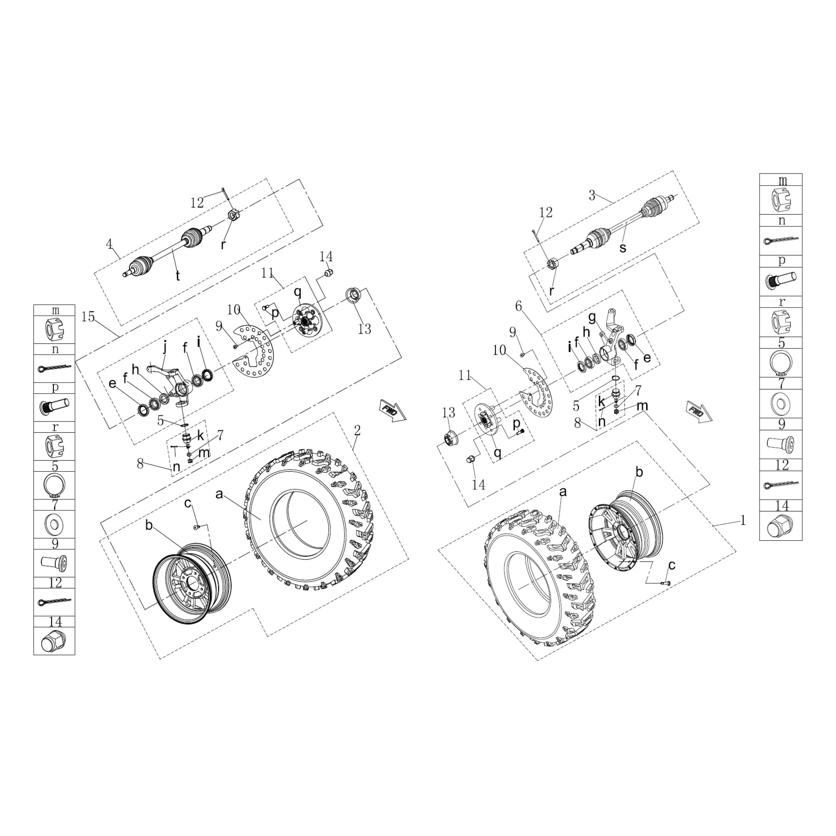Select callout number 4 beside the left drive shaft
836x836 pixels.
(x=109, y=244)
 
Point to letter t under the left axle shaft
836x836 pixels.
(x=177, y=276)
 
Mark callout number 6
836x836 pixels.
(x=518, y=306)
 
